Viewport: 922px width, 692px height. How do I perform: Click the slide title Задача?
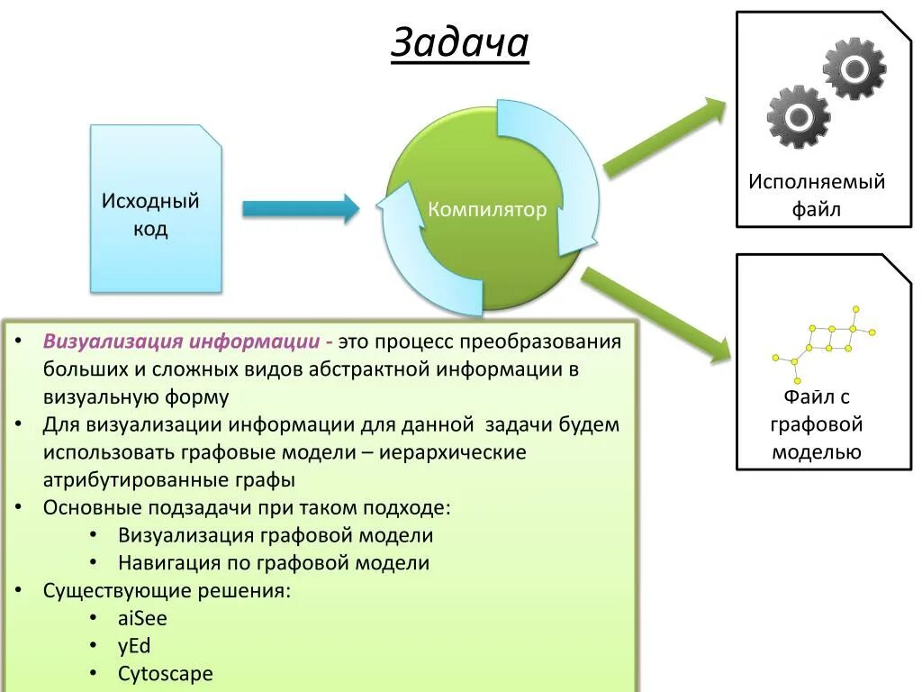[x=459, y=42]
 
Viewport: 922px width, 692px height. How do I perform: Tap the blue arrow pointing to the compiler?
[x=301, y=209]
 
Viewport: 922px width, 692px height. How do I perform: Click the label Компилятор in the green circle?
[x=487, y=210]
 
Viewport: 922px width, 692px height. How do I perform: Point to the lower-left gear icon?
[x=798, y=116]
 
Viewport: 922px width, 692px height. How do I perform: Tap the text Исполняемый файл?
[x=817, y=196]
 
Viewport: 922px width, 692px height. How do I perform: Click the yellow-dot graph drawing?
[x=824, y=341]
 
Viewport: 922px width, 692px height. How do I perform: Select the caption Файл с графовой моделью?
[x=817, y=423]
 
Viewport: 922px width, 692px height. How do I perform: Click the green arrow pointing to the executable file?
[x=664, y=136]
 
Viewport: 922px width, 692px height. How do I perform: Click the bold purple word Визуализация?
[x=113, y=342]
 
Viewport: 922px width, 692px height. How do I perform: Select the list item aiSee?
[x=142, y=619]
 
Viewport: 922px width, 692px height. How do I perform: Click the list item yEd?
[x=134, y=646]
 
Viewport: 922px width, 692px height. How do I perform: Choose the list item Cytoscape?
[x=165, y=673]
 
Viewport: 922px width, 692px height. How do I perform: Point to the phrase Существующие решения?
[x=167, y=591]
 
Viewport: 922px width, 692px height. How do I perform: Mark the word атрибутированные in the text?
[x=117, y=480]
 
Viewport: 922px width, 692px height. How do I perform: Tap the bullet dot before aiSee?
[x=95, y=619]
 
